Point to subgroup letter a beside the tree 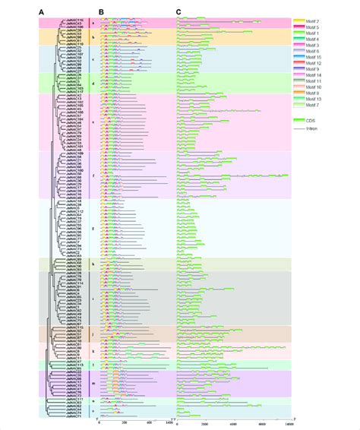tap(93, 23)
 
